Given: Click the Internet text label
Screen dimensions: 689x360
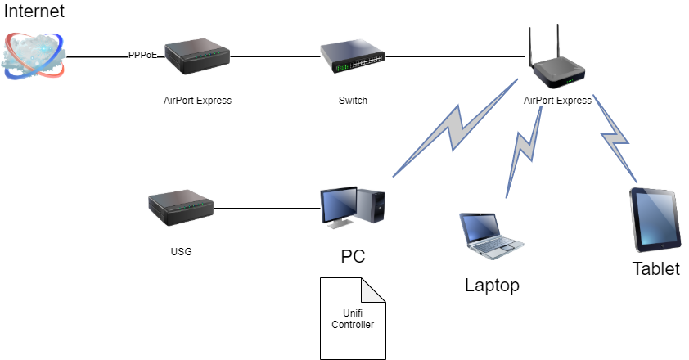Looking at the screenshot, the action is coord(34,11).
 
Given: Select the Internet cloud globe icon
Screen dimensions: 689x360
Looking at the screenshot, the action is coord(34,56).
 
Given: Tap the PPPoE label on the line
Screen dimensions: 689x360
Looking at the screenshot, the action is coord(142,55).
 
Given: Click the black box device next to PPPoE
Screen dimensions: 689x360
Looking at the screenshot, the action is coord(197,56).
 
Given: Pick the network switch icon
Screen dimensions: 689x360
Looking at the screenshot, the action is coord(353,56).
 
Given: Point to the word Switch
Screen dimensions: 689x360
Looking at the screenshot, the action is coord(353,100).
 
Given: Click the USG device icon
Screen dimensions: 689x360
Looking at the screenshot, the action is coord(181,208).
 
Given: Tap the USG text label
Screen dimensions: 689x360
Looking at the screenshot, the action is coord(181,251).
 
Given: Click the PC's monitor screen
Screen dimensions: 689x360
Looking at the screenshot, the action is coord(339,205).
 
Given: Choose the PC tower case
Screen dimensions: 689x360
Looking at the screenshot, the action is coord(371,205).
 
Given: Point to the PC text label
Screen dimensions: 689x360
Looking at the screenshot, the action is coord(353,256).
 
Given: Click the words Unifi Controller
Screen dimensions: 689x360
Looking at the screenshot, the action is coord(353,318).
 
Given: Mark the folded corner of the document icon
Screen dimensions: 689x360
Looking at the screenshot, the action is coord(373,290).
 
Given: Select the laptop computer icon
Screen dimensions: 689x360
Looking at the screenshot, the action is coord(491,236).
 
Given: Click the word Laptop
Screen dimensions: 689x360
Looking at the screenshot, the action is coord(492,286).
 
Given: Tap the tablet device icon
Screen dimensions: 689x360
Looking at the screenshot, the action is coord(655,220).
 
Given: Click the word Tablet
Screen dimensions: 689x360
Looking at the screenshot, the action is coord(656,268).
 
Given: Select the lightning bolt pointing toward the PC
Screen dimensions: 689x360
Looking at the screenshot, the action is coord(455,128).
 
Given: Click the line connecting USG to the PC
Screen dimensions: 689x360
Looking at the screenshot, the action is coord(267,209).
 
